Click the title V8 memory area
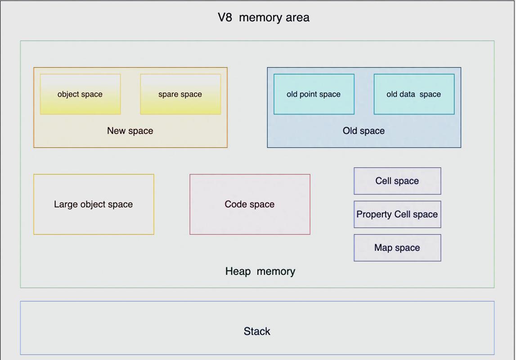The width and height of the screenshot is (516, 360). click(x=264, y=18)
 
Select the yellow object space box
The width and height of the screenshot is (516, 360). click(x=80, y=94)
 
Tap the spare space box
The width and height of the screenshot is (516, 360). click(x=180, y=94)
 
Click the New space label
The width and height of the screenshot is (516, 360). click(x=130, y=130)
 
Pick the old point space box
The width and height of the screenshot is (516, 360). click(x=314, y=94)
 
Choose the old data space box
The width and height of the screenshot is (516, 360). click(x=414, y=94)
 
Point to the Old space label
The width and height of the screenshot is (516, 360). click(x=363, y=130)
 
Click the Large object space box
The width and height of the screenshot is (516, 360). click(x=94, y=204)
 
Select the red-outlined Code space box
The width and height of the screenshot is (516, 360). click(x=250, y=204)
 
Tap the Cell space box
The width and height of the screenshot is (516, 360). click(x=397, y=181)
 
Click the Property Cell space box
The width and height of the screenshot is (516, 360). click(x=397, y=214)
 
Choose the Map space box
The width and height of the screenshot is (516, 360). click(x=397, y=248)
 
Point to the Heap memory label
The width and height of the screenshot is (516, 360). click(x=260, y=271)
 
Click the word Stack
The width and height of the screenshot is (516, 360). click(x=257, y=331)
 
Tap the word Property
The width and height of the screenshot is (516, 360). click(x=374, y=215)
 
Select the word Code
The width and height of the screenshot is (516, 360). click(x=236, y=204)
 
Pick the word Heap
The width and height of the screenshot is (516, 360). click(x=238, y=271)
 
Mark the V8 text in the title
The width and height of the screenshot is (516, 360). click(x=225, y=18)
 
